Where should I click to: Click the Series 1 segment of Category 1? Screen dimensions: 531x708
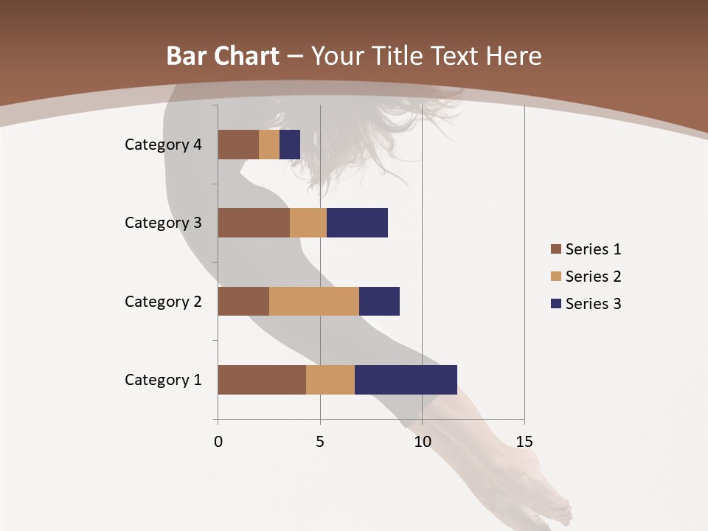click(262, 380)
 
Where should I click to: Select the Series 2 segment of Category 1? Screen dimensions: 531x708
click(330, 380)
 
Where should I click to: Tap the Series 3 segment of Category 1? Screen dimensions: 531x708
click(406, 380)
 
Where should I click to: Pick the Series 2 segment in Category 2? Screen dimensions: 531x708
click(314, 301)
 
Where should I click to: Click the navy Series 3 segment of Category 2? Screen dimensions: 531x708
click(379, 301)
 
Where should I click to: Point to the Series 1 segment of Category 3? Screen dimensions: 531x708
click(254, 223)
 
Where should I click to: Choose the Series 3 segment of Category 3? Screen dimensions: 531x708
click(357, 223)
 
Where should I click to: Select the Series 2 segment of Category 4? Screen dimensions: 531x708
click(269, 145)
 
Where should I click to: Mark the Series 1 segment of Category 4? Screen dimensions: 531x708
click(238, 145)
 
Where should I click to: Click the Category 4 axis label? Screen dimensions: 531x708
click(163, 145)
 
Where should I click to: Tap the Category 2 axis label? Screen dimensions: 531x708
click(163, 301)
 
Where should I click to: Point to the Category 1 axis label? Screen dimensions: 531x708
click(163, 380)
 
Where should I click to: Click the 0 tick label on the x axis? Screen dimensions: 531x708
click(218, 442)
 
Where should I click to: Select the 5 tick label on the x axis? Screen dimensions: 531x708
click(320, 442)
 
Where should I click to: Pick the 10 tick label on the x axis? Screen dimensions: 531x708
click(422, 442)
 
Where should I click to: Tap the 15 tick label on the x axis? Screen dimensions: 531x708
click(524, 442)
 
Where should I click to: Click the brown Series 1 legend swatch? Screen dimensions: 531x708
click(555, 249)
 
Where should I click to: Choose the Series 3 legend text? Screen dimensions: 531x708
click(593, 304)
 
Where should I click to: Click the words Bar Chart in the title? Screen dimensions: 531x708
click(223, 56)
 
